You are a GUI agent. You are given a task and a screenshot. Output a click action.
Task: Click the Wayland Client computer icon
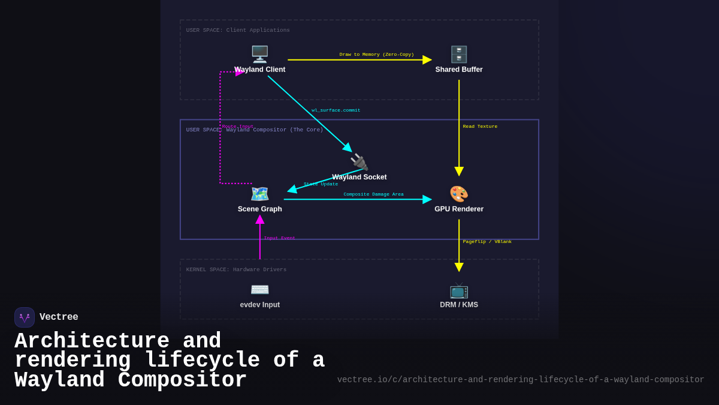[259, 54]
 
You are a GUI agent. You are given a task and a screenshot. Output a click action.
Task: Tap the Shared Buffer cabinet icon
[459, 54]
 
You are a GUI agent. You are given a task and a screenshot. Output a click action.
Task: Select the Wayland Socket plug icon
[359, 162]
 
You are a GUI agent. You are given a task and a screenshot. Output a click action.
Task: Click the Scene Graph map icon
[259, 194]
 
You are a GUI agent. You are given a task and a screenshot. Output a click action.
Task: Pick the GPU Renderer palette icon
[459, 194]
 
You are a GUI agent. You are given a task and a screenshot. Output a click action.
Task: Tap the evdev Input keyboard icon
[259, 290]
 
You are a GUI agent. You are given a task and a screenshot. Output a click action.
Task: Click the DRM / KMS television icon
[459, 290]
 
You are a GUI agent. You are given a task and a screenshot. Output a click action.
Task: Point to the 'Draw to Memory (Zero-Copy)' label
[376, 55]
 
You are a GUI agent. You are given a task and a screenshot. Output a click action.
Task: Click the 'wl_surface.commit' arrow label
[336, 110]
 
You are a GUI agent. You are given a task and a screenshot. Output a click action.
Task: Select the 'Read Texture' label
[480, 127]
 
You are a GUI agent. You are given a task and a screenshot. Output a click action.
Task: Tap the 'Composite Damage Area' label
[373, 194]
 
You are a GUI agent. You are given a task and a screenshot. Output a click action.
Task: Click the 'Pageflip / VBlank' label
[487, 242]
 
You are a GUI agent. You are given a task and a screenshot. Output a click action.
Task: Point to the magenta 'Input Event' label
[279, 238]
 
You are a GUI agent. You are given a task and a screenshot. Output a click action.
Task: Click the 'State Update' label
[321, 184]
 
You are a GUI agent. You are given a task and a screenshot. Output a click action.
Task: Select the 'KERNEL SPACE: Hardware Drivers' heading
[236, 270]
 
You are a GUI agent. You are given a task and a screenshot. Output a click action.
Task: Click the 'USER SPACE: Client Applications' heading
[238, 31]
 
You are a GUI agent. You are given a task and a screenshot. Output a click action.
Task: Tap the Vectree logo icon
[25, 317]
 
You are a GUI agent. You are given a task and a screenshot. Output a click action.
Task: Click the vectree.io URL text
[520, 380]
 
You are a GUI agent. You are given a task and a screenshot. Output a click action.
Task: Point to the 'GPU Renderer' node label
[459, 209]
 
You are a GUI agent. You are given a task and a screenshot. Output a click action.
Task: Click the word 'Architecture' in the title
[92, 341]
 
